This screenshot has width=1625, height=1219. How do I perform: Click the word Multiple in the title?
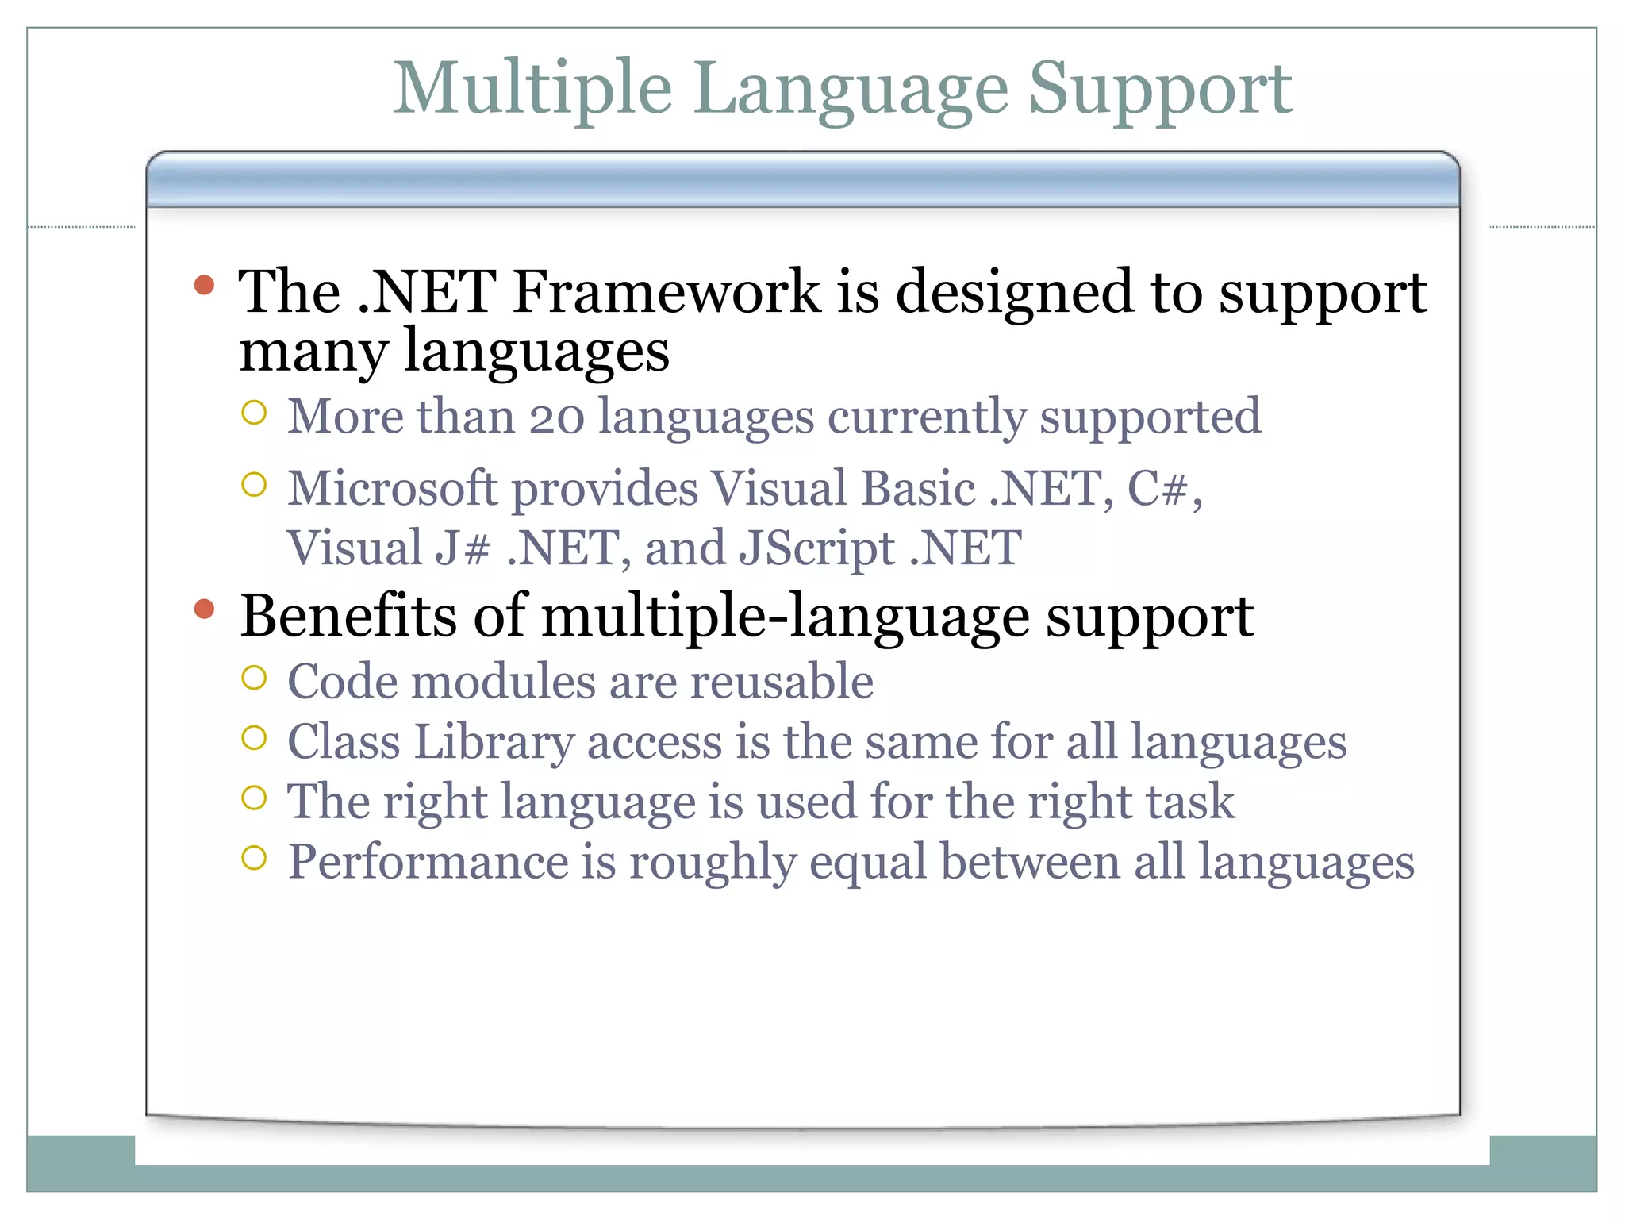532,89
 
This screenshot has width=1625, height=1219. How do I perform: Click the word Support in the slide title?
1159,89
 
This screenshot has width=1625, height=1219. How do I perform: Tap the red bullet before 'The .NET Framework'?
204,285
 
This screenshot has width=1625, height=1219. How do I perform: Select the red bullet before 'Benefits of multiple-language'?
204,609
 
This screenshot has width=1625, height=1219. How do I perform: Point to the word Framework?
667,292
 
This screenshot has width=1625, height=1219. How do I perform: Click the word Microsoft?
392,488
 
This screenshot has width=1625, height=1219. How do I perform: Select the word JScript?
817,548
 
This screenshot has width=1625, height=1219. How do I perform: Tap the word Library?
494,743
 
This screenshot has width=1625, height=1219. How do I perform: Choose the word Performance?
428,862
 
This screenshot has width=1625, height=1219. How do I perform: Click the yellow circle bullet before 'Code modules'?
254,678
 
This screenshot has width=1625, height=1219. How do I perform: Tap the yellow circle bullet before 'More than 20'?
254,413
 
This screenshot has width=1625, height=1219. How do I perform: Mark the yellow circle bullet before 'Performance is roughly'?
254,858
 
